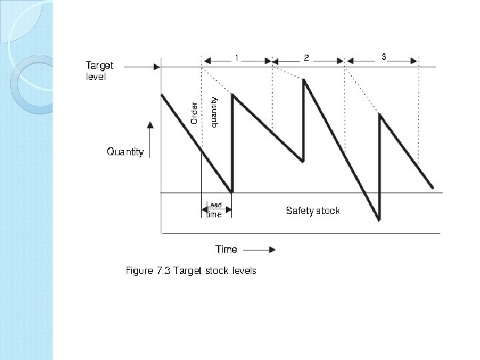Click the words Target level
[99, 71]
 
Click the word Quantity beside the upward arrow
[125, 152]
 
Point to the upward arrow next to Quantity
[150, 139]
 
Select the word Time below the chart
[226, 249]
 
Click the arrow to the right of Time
[260, 250]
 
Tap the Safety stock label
[313, 211]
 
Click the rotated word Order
[194, 112]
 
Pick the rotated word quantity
[214, 111]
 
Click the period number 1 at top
[237, 58]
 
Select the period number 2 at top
[307, 58]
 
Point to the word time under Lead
[213, 215]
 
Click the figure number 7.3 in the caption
[163, 271]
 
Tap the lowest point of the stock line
[378, 219]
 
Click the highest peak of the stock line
[304, 80]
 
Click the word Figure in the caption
[139, 271]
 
